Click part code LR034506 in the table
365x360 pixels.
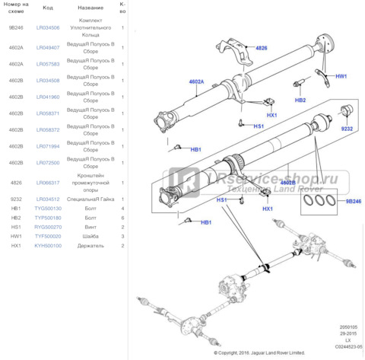47,27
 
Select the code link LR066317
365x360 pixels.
47,183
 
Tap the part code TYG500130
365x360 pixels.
47,208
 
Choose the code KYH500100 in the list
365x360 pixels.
47,246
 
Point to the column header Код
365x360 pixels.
47,8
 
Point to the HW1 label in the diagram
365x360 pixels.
341,77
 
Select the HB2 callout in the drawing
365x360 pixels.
300,100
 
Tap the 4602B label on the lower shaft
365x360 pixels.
287,183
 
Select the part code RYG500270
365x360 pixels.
47,227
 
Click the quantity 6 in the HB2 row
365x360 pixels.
123,218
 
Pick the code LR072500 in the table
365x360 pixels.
47,163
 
